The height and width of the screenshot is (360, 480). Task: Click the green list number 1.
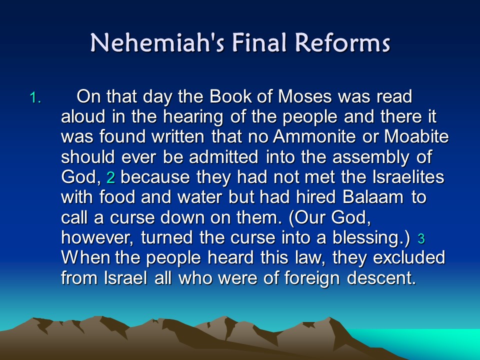click(x=35, y=97)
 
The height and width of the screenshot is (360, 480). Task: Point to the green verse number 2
click(x=110, y=178)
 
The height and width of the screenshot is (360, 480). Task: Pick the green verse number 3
click(x=421, y=238)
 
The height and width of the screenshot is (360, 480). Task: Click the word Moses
click(x=305, y=96)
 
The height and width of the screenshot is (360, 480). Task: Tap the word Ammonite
click(x=314, y=136)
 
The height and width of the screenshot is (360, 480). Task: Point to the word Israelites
click(x=408, y=177)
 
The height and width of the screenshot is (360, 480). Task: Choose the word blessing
click(x=368, y=238)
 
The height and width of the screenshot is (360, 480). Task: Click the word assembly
click(x=370, y=157)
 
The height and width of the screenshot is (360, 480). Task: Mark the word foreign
click(x=312, y=278)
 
